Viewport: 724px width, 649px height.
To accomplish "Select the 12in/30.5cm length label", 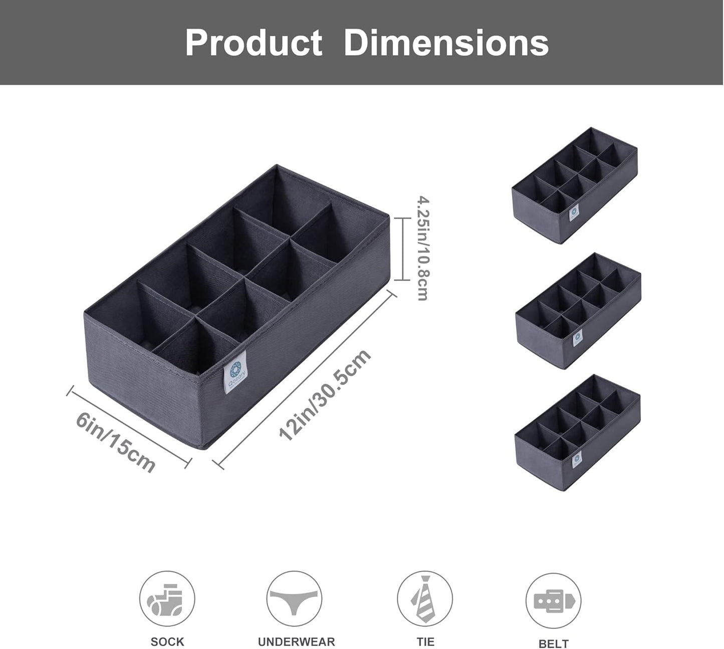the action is coord(325,394).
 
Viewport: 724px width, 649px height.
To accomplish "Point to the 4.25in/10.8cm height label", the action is coord(423,248).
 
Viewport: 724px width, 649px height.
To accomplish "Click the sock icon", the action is coord(167,598).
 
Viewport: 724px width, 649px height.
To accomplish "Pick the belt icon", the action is coord(553,601).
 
